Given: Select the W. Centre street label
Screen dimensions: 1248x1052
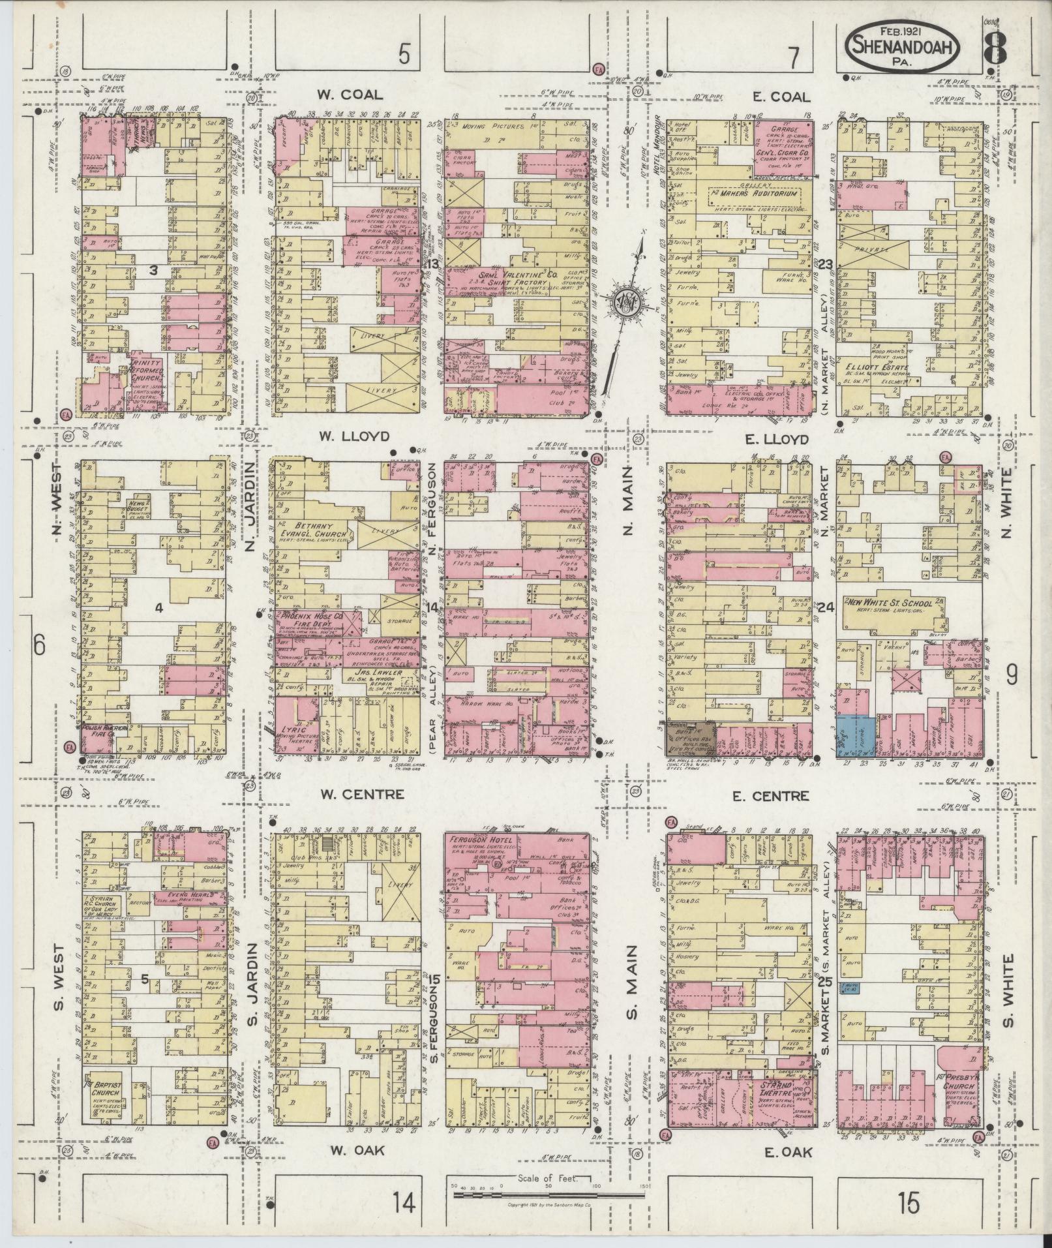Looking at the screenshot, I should [x=363, y=794].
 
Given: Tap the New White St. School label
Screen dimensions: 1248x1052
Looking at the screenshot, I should [x=892, y=602].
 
